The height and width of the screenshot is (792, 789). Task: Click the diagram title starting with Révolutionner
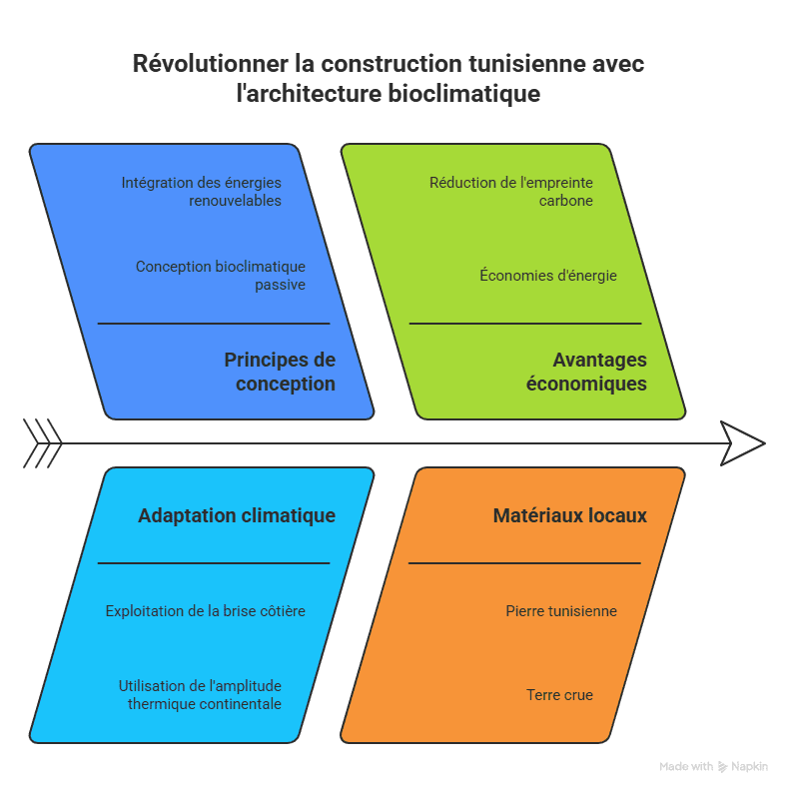point(389,79)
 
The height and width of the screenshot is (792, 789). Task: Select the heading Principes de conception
point(279,372)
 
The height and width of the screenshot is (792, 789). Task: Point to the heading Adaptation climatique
point(237,515)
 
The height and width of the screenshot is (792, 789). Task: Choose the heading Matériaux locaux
point(569,515)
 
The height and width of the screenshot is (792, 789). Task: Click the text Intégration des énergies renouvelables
point(202,192)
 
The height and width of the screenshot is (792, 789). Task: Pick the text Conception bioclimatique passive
point(221,276)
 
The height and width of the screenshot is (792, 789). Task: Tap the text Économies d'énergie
point(548,276)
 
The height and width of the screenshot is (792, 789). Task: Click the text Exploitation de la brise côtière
point(206,610)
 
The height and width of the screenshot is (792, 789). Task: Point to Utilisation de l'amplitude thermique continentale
point(200,694)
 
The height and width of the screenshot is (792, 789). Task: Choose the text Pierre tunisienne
point(561,610)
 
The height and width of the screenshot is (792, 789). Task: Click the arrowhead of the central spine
point(743,443)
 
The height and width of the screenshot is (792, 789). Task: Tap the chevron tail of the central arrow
point(43,443)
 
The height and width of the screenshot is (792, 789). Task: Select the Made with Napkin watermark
point(713,766)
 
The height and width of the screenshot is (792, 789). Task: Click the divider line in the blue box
point(214,324)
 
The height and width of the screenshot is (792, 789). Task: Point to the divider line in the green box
point(525,324)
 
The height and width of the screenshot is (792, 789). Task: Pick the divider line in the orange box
point(525,563)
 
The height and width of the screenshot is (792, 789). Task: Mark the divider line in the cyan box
point(214,563)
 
